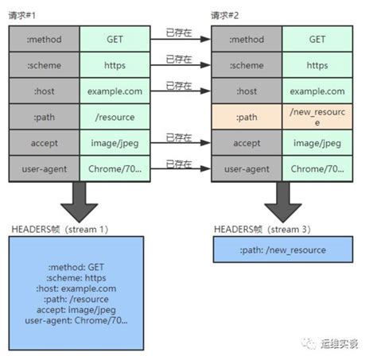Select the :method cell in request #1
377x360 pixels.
(45, 38)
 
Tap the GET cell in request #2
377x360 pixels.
(317, 38)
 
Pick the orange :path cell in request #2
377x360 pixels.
(247, 117)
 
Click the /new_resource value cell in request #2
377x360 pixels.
(317, 117)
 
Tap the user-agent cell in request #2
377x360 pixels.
(247, 169)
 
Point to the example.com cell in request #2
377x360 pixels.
(317, 91)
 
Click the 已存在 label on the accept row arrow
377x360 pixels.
(181, 137)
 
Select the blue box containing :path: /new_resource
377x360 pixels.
(282, 250)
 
